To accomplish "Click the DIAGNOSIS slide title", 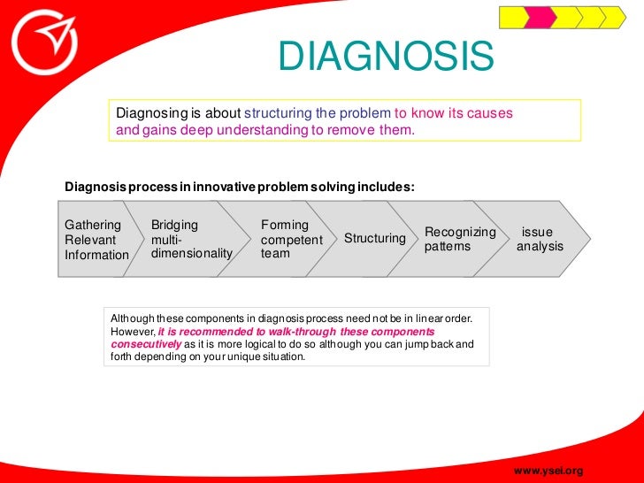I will point(385,59).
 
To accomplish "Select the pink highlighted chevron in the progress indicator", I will point(541,17).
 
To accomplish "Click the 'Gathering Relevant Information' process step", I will point(96,240).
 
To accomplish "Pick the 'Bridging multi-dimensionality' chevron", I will point(189,240).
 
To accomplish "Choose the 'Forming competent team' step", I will point(290,240).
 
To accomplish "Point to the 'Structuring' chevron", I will point(374,239).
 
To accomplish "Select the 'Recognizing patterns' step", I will point(459,239).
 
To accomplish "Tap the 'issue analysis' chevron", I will point(540,239).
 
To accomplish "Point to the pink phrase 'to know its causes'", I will point(453,114).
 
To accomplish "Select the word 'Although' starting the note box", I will point(133,318).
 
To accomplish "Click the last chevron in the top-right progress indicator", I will point(614,17).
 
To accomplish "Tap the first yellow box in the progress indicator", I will point(512,17).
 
